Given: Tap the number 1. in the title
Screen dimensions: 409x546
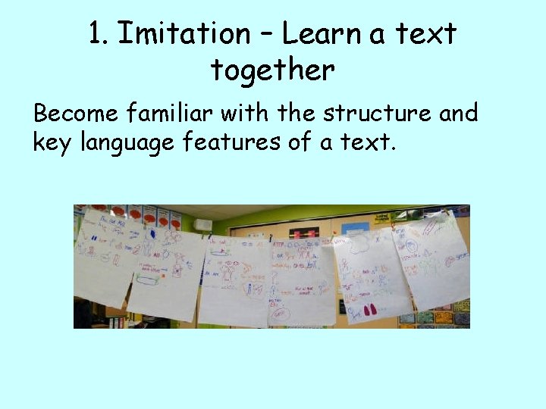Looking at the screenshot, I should tap(99, 33).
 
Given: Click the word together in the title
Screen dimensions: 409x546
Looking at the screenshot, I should tap(272, 70).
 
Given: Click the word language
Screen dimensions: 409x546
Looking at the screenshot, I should tap(126, 142).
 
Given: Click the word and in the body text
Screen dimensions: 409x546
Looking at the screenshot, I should tap(458, 114).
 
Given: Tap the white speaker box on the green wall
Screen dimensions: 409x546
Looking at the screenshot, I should tap(202, 224).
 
